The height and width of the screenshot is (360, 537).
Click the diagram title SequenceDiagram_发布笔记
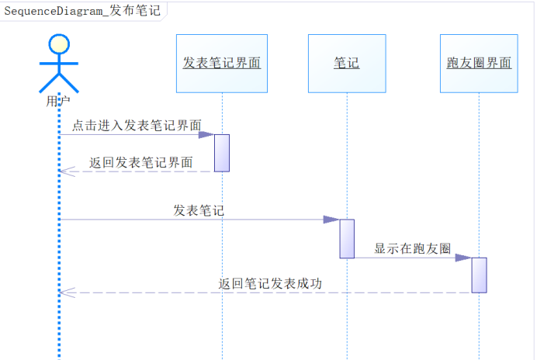82,12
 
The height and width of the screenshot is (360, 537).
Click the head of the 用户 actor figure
59,44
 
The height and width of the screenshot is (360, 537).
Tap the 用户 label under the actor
59,100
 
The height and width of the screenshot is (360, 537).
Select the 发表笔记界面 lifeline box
222,63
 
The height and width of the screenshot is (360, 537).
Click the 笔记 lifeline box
347,63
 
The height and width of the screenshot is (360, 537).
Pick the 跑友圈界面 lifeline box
479,63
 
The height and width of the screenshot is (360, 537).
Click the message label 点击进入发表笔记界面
137,125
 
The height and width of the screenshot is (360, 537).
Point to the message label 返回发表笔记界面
140,162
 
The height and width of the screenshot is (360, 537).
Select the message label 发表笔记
199,209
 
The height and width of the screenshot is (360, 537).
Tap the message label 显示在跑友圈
412,248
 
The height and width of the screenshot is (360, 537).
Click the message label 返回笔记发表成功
270,283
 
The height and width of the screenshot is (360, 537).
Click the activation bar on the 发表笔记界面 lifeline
222,153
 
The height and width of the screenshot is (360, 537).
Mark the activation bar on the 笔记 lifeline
347,238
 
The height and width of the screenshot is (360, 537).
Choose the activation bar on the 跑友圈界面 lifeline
479,275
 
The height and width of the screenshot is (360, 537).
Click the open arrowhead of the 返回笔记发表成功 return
66,292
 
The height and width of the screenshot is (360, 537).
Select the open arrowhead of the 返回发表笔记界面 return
66,171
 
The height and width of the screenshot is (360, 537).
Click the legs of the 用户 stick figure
59,82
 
